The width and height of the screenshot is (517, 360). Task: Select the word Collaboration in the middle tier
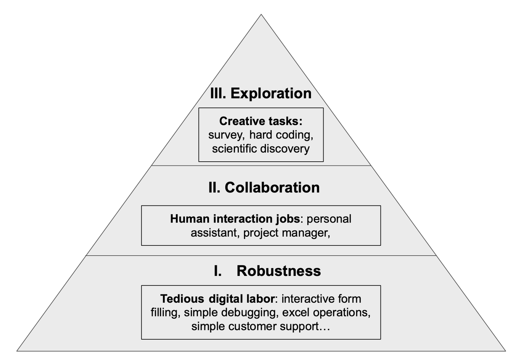pos(272,188)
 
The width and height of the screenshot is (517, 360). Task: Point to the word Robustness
pos(279,271)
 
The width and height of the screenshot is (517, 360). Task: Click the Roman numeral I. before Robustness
pos(218,271)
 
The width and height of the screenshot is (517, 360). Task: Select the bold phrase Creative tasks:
pos(261,121)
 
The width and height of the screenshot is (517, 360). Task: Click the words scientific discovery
pos(261,149)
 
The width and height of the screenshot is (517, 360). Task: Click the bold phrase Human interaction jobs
pos(238,219)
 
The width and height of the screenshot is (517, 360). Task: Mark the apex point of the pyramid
pos(261,15)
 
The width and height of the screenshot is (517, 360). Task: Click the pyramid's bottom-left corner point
pos(17,350)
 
